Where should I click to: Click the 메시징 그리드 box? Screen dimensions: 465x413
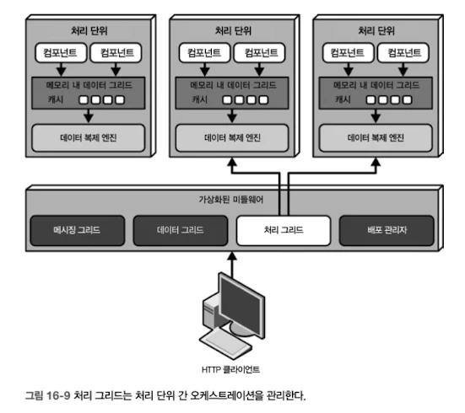[78, 230]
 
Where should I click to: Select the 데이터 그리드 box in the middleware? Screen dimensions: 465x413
[181, 230]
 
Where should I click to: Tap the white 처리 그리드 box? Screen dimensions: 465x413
[284, 230]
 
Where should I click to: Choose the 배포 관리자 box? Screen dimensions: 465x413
[387, 230]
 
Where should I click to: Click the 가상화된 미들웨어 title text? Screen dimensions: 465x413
[231, 200]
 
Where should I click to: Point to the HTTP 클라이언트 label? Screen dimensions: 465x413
[230, 369]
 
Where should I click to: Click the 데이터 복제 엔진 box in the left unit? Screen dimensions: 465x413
[89, 137]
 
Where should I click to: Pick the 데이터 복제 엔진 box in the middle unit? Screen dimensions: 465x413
[232, 137]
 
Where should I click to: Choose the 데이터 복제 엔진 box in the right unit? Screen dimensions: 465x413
[376, 137]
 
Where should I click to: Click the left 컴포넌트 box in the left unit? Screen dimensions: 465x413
[61, 53]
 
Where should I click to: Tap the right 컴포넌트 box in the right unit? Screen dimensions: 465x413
[403, 53]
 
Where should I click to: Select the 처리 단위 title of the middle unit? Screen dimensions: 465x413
[233, 31]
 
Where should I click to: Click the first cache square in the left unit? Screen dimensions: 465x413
[84, 99]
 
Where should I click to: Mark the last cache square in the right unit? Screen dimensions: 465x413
[408, 99]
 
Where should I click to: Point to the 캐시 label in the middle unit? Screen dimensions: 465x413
[199, 99]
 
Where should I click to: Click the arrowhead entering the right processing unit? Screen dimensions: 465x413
[376, 162]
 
